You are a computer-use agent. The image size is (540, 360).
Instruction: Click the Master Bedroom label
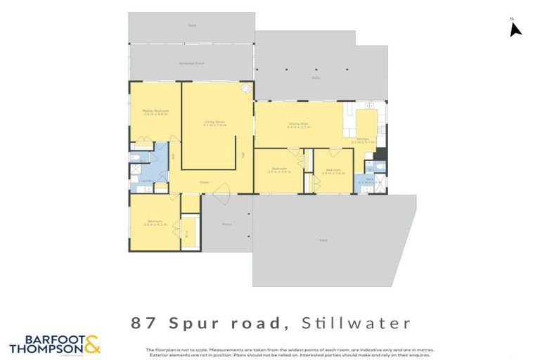click(x=155, y=111)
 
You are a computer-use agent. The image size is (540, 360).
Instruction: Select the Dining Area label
click(x=298, y=125)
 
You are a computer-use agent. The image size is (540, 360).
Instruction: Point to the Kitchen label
click(x=363, y=139)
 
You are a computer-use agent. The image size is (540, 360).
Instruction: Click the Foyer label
click(x=204, y=182)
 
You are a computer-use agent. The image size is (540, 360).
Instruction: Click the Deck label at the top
click(x=191, y=25)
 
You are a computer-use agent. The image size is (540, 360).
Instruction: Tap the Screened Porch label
click(x=191, y=63)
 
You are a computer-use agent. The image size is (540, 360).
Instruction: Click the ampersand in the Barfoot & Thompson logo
click(x=92, y=344)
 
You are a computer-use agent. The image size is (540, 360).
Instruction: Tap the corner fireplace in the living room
click(x=246, y=89)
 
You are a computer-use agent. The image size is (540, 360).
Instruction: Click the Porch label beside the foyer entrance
click(x=226, y=225)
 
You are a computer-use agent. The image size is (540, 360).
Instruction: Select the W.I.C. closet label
click(x=186, y=236)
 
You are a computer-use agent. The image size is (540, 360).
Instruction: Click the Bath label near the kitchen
click(x=369, y=179)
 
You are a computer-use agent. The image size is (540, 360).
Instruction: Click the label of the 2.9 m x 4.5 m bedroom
click(x=155, y=224)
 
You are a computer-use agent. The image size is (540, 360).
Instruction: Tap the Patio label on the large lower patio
click(x=323, y=240)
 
